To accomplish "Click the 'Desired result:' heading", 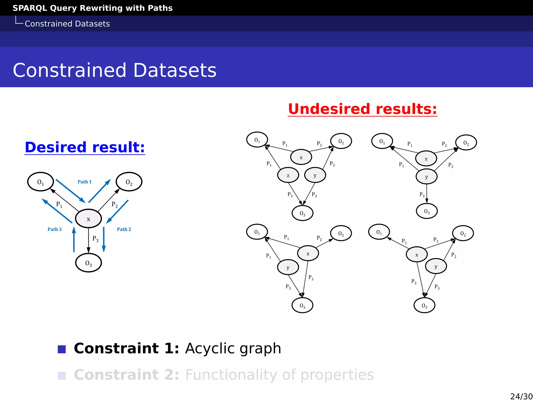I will pos(85,147).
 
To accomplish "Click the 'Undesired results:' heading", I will pos(362,109).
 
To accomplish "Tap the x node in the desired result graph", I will pos(88,219).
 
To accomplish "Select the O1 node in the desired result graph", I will pos(41,182).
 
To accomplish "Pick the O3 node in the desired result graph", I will pos(88,263).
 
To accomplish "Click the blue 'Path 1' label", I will pos(85,182).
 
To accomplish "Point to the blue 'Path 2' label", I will pos(124,229).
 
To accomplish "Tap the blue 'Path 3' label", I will pos(55,229).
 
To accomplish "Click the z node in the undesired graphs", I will pos(288,175).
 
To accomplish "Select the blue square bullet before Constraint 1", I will pos(62,349).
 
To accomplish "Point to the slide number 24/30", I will pos(521,396).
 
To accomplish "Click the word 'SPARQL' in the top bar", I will pos(30,8).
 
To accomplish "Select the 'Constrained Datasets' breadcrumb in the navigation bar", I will pos(67,24).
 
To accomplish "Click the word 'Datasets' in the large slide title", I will pos(175,70).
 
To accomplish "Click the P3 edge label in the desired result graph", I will pos(96,239).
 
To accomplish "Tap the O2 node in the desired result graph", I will pos(129,182).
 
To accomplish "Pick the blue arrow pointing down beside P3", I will pos(104,239).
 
